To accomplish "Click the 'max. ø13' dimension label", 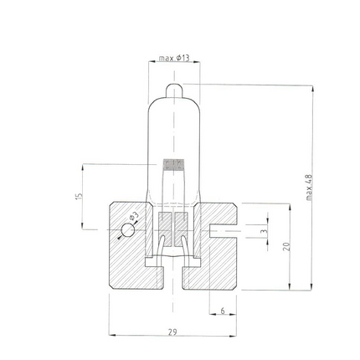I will [173, 59].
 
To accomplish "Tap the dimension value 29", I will [172, 332].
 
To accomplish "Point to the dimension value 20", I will [285, 246].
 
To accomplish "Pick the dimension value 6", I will [223, 311].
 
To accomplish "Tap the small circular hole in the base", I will [127, 229].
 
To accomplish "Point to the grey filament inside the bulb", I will [172, 164].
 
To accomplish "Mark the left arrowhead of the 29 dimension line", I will [111, 337].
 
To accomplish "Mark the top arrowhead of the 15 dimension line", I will [82, 166].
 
